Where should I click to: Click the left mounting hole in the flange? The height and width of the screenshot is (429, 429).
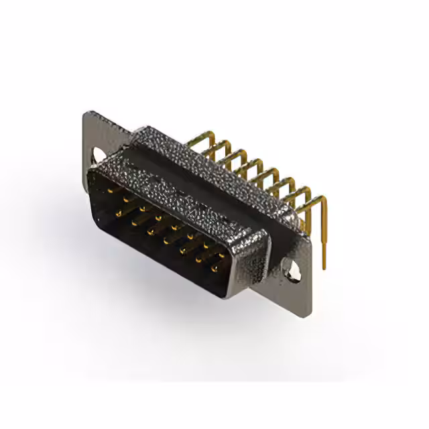pyautogui.click(x=99, y=156)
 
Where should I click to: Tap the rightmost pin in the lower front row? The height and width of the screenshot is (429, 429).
pyautogui.click(x=214, y=269)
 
